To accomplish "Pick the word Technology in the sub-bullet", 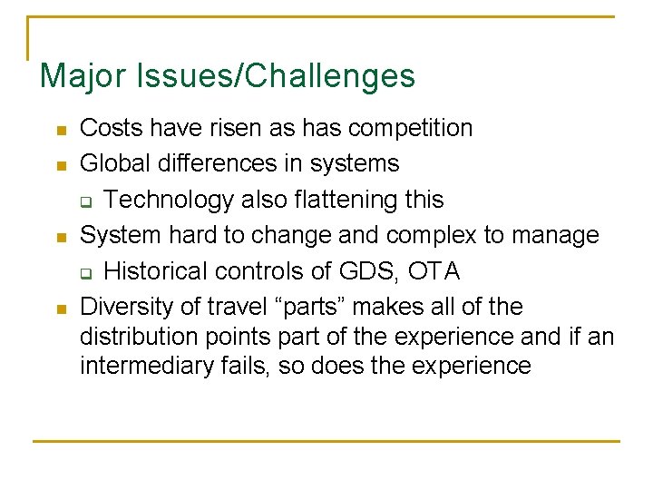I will tap(167, 199).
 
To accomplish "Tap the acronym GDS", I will tap(377, 270).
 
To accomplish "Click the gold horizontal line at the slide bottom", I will tap(326, 441).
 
